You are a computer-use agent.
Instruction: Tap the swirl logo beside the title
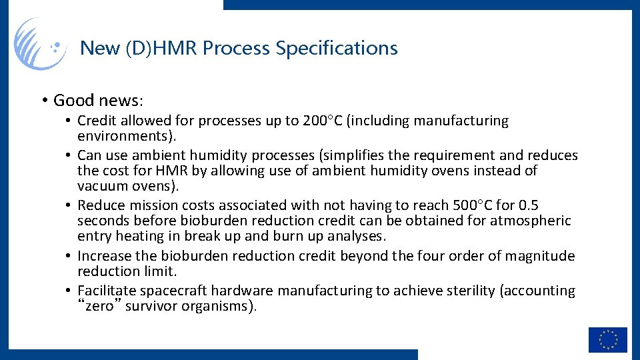40,44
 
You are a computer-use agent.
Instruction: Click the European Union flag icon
607,339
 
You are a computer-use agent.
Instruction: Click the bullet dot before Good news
43,101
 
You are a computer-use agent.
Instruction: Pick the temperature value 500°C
491,205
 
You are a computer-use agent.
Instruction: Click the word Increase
103,256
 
